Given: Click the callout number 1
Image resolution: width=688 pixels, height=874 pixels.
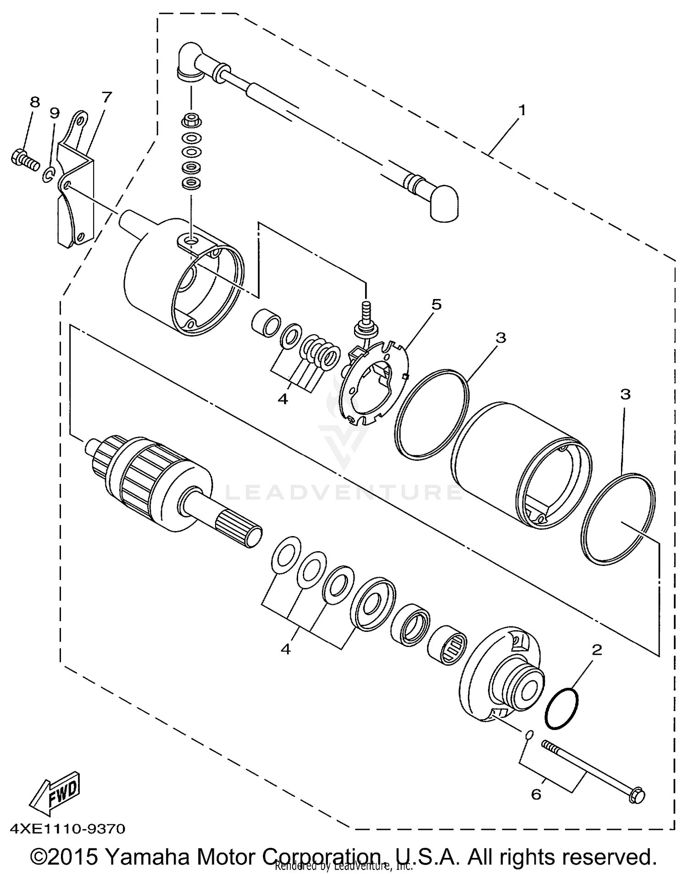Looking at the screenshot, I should point(522,111).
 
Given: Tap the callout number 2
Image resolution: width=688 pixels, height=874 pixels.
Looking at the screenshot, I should point(597,649).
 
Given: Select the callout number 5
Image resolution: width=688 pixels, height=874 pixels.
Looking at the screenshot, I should point(436,304).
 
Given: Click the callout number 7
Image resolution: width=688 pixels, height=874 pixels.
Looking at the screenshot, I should point(106,97).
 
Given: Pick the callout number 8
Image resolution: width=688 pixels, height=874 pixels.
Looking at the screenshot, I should point(35,102).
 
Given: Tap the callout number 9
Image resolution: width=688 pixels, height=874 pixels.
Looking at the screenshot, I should point(55,113).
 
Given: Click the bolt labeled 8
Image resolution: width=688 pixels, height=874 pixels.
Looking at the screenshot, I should point(24,160).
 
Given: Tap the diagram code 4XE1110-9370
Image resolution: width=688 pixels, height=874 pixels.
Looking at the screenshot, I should point(67,829).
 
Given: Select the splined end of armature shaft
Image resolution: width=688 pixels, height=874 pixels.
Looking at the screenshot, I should point(239,528).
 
